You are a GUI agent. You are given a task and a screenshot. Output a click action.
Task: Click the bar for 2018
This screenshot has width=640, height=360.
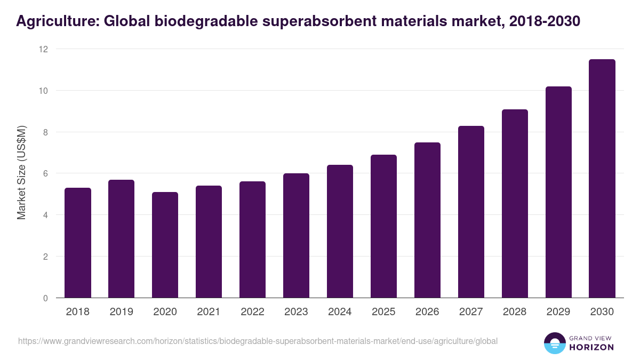pyautogui.click(x=78, y=243)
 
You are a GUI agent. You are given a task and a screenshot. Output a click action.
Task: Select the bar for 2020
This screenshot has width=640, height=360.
pyautogui.click(x=165, y=245)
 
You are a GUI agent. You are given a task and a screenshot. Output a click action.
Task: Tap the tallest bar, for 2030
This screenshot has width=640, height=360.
pyautogui.click(x=602, y=179)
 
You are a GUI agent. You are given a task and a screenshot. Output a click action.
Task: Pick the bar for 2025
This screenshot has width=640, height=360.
pyautogui.click(x=383, y=226)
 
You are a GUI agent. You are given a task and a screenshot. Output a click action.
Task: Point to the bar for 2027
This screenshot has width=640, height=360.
pyautogui.click(x=471, y=212)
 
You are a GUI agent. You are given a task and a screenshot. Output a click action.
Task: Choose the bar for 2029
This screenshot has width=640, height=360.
pyautogui.click(x=558, y=192)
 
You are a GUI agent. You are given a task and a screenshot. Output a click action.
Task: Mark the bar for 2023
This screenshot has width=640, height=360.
pyautogui.click(x=296, y=235)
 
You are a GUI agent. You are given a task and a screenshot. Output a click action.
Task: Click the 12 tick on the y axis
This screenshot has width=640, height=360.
pyautogui.click(x=43, y=49)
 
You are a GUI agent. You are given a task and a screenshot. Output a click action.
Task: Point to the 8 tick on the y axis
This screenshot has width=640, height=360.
pyautogui.click(x=45, y=132)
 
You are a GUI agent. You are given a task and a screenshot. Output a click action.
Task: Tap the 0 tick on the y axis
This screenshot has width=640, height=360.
pyautogui.click(x=45, y=298)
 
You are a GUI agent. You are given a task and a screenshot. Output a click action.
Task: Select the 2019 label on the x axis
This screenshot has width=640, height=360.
pyautogui.click(x=122, y=312)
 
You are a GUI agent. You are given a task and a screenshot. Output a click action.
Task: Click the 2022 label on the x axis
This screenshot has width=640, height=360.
pyautogui.click(x=253, y=312)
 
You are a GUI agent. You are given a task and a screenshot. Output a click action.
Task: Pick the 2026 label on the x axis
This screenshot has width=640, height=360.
pyautogui.click(x=427, y=312)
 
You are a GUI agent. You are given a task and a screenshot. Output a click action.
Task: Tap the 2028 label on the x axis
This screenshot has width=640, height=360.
pyautogui.click(x=515, y=312)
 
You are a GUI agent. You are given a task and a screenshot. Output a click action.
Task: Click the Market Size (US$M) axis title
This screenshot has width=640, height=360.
pyautogui.click(x=22, y=173)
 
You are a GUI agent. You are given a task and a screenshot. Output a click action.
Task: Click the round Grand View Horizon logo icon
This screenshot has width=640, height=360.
pyautogui.click(x=554, y=343)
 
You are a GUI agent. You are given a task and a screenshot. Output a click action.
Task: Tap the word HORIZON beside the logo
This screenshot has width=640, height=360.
pyautogui.click(x=591, y=347)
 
